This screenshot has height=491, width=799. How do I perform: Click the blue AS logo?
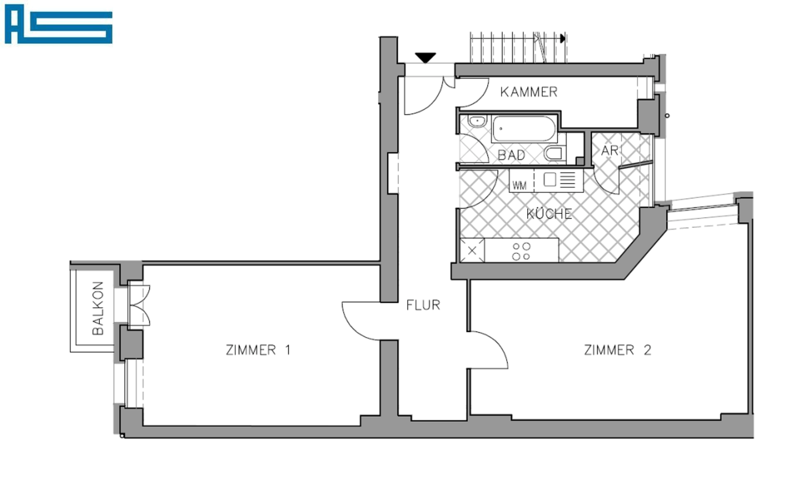[58, 24]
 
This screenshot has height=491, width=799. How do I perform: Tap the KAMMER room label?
[528, 92]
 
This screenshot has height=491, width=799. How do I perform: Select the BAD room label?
[511, 155]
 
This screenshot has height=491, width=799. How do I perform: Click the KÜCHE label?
[549, 214]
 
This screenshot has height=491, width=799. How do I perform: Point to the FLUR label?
[423, 305]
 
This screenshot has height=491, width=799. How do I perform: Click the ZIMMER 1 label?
[257, 350]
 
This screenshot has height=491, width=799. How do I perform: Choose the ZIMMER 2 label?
[617, 350]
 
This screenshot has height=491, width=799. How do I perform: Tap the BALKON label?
[98, 308]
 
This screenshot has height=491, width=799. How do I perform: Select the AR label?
[609, 151]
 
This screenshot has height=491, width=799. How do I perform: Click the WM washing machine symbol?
[520, 185]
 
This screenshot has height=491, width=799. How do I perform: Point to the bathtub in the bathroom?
[523, 129]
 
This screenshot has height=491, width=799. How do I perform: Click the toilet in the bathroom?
[555, 154]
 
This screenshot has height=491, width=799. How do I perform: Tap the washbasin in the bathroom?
[477, 121]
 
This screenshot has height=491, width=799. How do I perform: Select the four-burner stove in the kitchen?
[521, 251]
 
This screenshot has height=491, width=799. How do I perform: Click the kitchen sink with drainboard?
[559, 180]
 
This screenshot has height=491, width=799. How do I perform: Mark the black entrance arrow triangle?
[426, 57]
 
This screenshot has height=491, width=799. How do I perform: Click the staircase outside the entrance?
[517, 48]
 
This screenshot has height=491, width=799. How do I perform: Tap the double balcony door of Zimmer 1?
[139, 305]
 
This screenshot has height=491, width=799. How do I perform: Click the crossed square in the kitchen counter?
[472, 250]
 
